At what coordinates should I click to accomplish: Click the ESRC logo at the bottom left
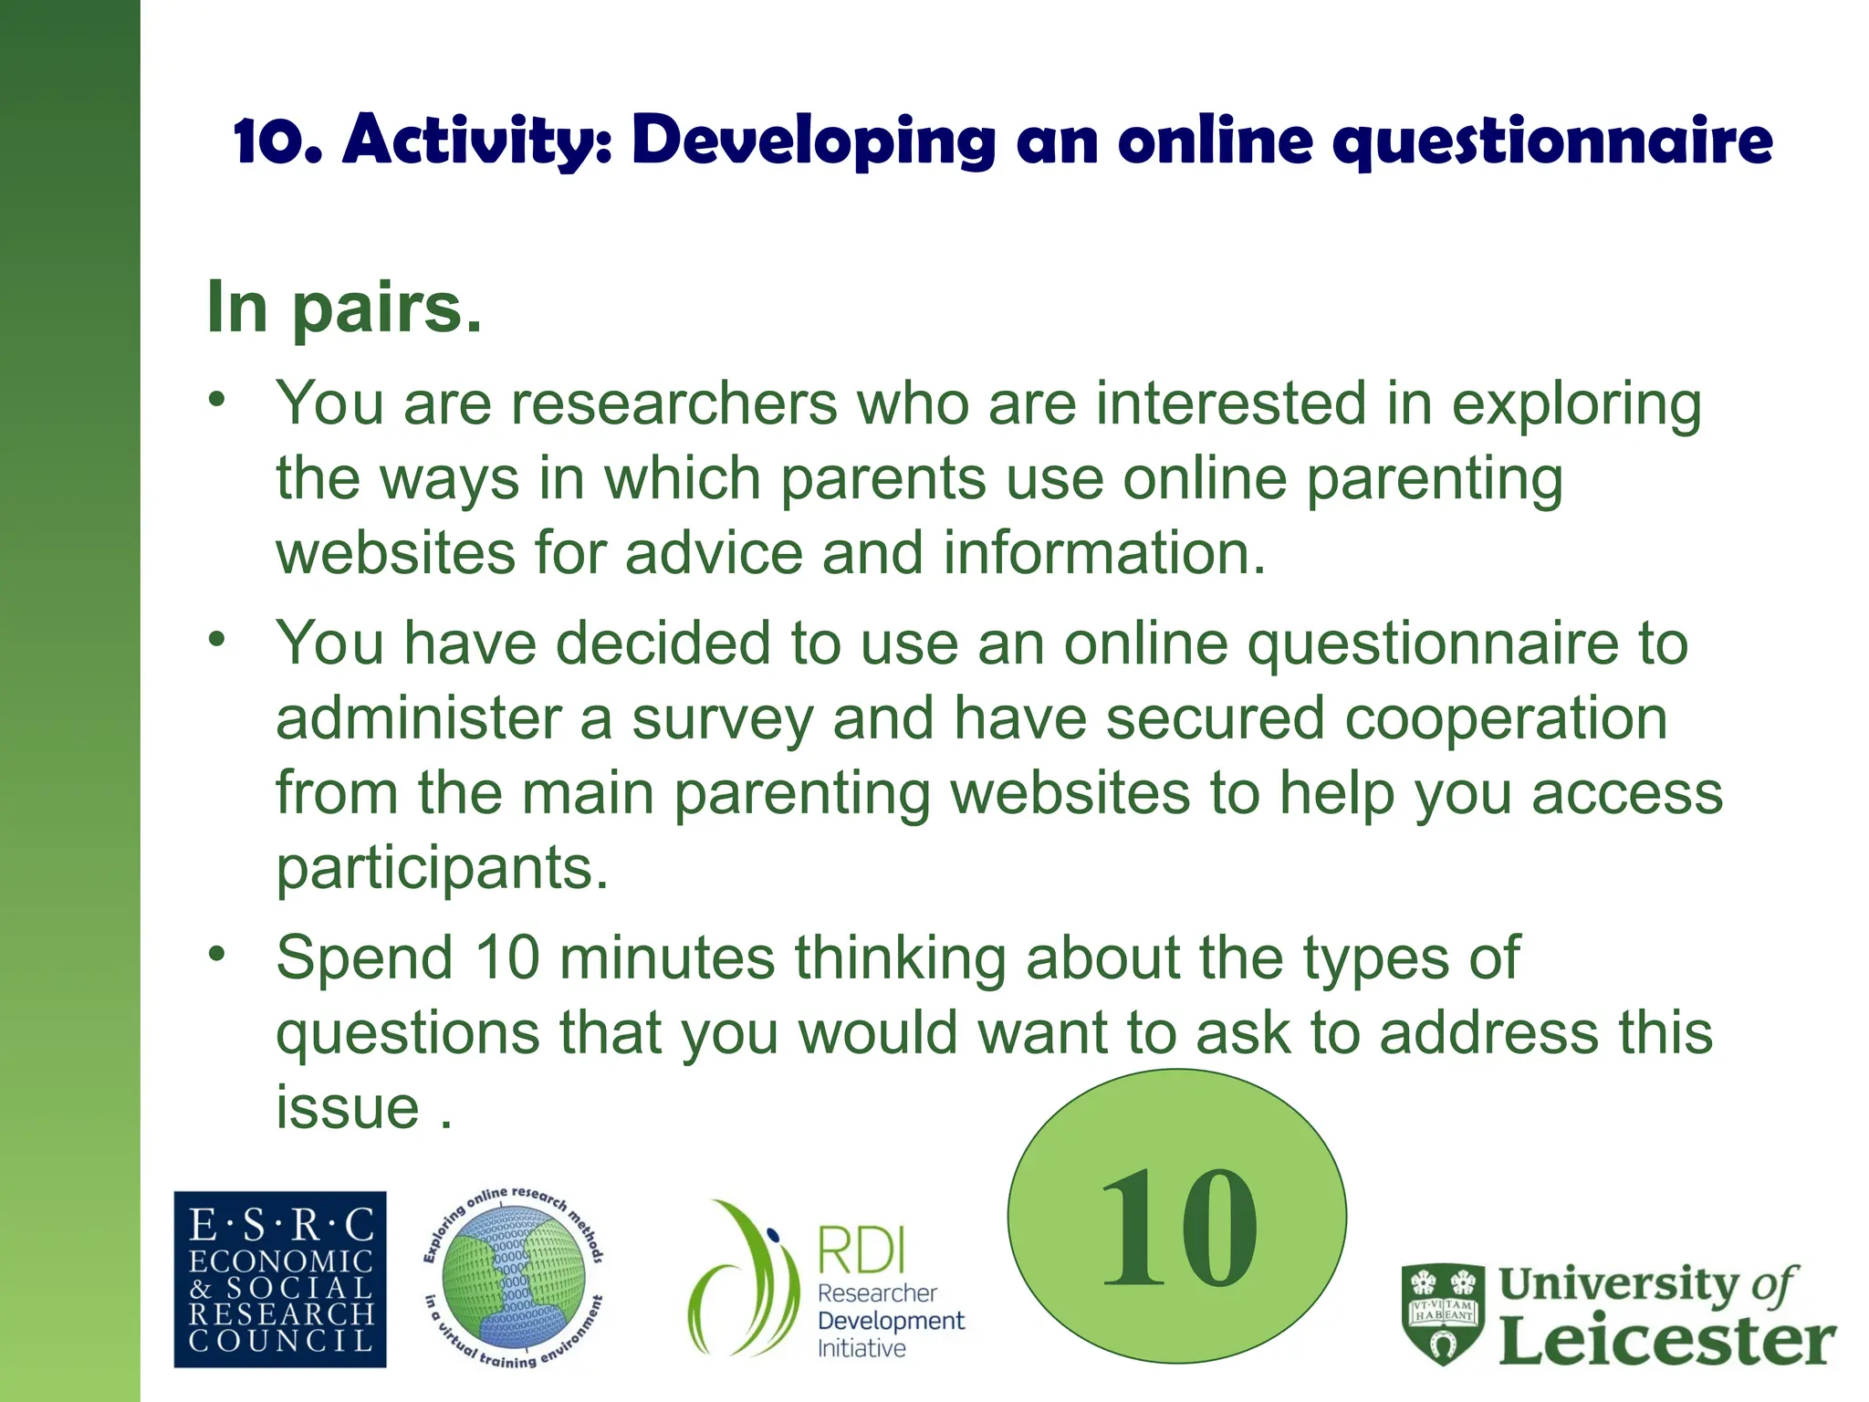pos(280,1279)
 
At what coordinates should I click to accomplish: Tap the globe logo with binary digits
pos(513,1278)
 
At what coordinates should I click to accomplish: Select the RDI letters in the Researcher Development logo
pos(861,1250)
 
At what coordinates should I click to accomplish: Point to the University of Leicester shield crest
pos(1443,1312)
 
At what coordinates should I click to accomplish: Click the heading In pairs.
pos(344,308)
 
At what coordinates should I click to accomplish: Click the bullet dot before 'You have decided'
pos(216,638)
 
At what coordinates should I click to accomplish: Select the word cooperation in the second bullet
pos(1506,718)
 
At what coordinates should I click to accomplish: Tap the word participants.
pos(442,868)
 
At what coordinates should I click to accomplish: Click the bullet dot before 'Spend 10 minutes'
pos(216,953)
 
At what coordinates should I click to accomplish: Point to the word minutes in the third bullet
pos(667,958)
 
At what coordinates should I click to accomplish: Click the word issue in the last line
pos(348,1108)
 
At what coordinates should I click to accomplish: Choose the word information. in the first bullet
pos(1104,553)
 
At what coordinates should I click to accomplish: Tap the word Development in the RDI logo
pos(891,1321)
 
